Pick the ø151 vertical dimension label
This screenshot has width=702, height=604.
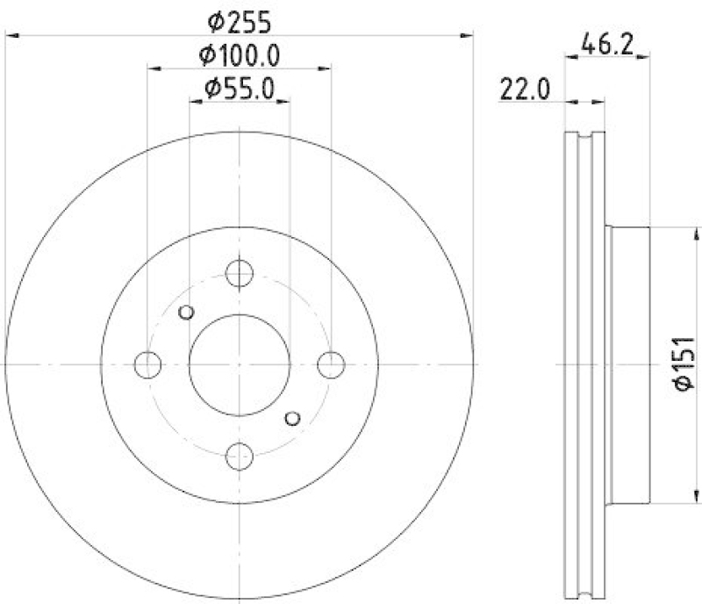pyautogui.click(x=684, y=363)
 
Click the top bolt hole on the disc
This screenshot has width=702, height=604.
pyautogui.click(x=239, y=273)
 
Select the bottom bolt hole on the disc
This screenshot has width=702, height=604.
pyautogui.click(x=239, y=456)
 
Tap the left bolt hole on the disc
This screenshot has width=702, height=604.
pyautogui.click(x=148, y=364)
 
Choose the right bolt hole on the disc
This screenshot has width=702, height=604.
pyautogui.click(x=331, y=364)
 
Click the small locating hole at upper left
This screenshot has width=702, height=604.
pyautogui.click(x=185, y=312)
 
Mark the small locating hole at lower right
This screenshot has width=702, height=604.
pyautogui.click(x=293, y=418)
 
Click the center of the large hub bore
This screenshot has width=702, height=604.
pyautogui.click(x=239, y=364)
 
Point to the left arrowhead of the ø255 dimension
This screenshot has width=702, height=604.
pyautogui.click(x=11, y=35)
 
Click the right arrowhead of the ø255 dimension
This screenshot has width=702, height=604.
pyautogui.click(x=468, y=35)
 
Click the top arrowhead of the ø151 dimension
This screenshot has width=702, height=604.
pyautogui.click(x=698, y=232)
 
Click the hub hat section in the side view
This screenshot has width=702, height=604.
pyautogui.click(x=628, y=364)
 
